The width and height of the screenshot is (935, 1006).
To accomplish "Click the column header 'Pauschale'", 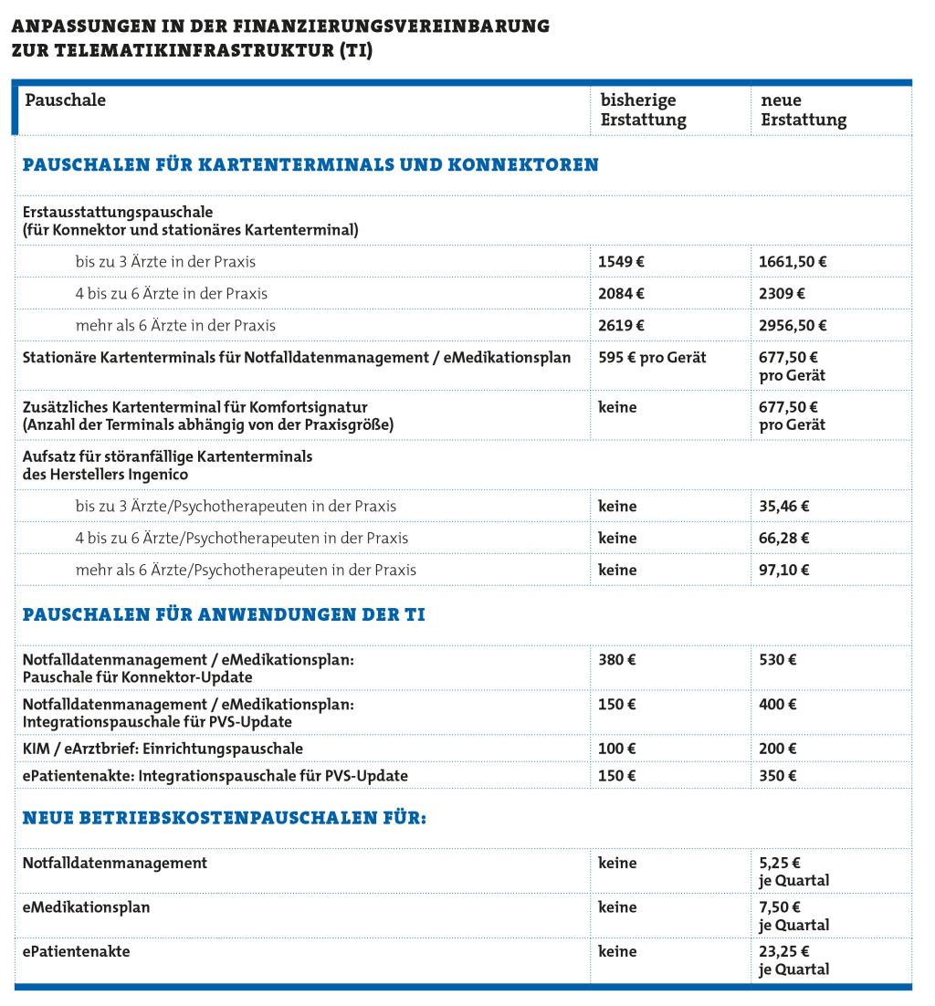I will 65,100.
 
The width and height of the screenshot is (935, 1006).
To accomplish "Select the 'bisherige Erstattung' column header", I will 643,110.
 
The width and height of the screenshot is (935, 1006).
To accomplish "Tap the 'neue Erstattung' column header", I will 803,110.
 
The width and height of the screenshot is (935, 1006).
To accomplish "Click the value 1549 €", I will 621,262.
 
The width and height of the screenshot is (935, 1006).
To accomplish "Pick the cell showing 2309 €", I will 782,294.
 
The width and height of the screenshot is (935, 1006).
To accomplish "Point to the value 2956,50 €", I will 793,326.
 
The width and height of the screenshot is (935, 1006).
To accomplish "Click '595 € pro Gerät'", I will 652,358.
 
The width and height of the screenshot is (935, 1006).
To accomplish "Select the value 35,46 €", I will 784,507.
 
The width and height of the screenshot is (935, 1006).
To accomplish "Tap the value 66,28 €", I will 784,539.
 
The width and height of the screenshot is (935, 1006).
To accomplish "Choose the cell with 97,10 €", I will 784,571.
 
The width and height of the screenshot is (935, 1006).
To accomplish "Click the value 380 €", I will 617,660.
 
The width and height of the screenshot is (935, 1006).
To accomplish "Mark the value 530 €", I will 778,660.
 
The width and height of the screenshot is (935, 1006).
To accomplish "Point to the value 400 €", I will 778,705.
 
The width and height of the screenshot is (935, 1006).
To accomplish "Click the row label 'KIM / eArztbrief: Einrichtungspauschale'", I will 163,749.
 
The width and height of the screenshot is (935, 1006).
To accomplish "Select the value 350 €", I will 778,776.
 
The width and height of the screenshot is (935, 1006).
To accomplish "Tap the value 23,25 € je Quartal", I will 793,960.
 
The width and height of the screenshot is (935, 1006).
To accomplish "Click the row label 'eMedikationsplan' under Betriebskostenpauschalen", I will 86,908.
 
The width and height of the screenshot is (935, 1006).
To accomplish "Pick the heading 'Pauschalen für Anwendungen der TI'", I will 224,615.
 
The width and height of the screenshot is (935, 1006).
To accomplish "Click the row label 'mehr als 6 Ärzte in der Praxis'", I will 175,326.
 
